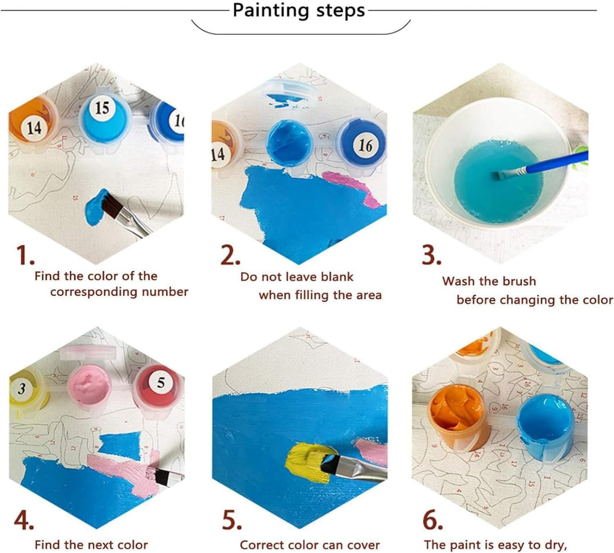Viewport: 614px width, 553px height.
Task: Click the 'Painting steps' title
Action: (x=298, y=11)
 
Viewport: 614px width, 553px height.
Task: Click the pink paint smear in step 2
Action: (x=349, y=188)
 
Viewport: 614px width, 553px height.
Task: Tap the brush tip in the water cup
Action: (x=502, y=175)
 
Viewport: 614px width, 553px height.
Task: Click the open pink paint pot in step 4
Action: (x=89, y=385)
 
